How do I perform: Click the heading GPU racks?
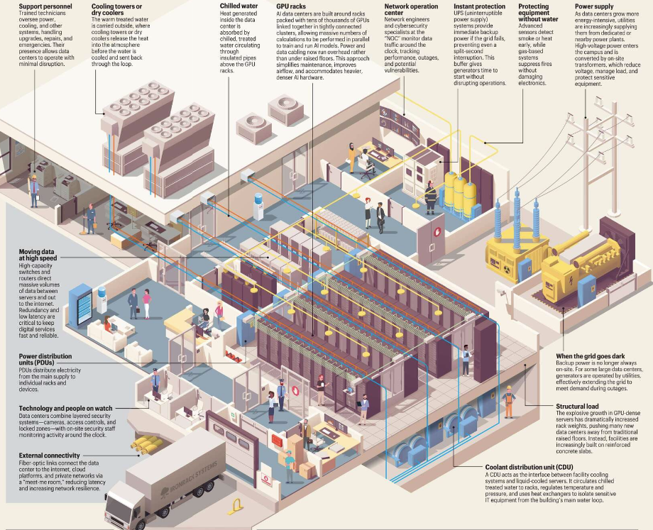click(x=291, y=6)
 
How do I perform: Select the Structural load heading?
click(x=578, y=407)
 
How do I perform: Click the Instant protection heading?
click(x=480, y=6)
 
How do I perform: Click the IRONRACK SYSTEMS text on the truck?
click(x=170, y=486)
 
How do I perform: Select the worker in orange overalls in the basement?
click(x=508, y=401)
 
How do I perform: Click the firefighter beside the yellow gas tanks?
click(x=430, y=197)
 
